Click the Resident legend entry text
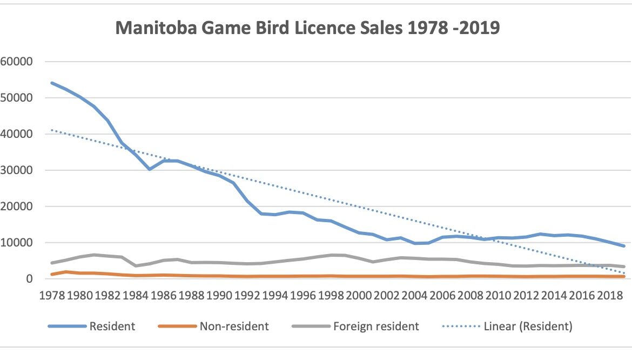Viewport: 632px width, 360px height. [112, 326]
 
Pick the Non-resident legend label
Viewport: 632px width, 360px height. [234, 326]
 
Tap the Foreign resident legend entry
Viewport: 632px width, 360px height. [376, 326]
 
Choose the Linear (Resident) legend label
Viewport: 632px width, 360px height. [528, 326]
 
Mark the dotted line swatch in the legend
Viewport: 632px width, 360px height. [460, 326]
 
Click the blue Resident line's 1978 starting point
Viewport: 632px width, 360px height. [52, 83]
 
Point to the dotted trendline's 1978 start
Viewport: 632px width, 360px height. [52, 130]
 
